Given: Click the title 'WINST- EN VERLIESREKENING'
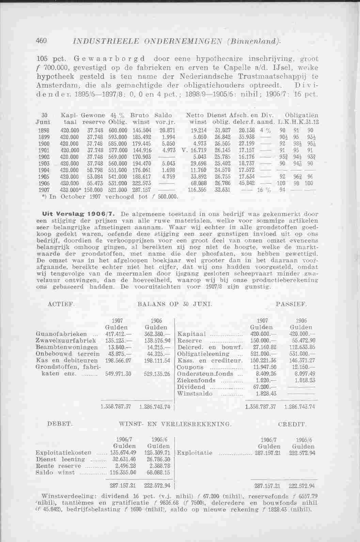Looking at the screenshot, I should pyautogui.click(x=175, y=424).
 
